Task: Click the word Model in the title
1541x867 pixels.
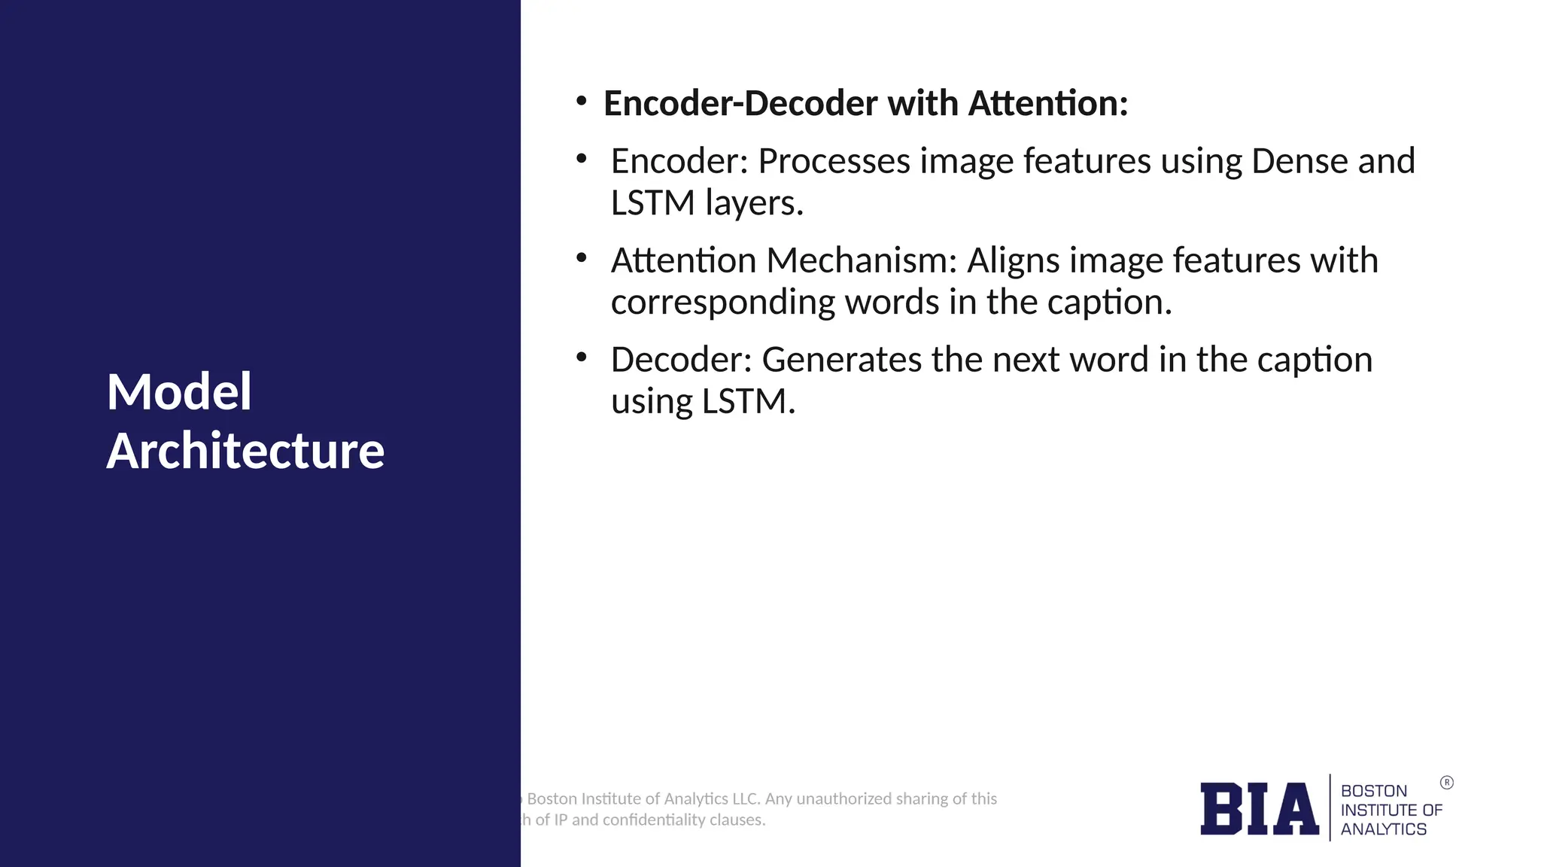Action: [179, 392]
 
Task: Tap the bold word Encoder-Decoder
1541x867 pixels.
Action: [741, 103]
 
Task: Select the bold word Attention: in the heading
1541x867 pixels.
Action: [1048, 103]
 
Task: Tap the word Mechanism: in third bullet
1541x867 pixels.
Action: [862, 260]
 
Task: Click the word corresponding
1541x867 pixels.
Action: [722, 303]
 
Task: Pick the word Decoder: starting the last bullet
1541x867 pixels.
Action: [681, 360]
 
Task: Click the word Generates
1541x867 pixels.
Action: [841, 360]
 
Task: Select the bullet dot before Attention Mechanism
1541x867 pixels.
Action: [581, 258]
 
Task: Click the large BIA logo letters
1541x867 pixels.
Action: [1259, 809]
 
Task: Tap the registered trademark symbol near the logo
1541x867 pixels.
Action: [1446, 783]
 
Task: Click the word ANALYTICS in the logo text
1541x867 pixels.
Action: [1383, 829]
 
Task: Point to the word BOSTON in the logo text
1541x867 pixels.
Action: [1373, 791]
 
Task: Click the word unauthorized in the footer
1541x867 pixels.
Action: [843, 799]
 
